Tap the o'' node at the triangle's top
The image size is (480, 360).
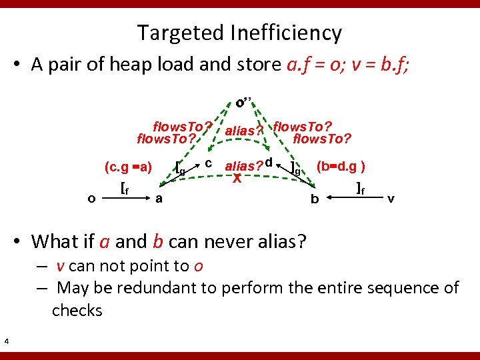243,103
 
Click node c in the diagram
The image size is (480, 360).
209,163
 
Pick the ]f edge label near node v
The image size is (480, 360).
360,187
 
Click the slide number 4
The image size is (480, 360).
6,342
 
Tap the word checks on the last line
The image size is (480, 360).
77,310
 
